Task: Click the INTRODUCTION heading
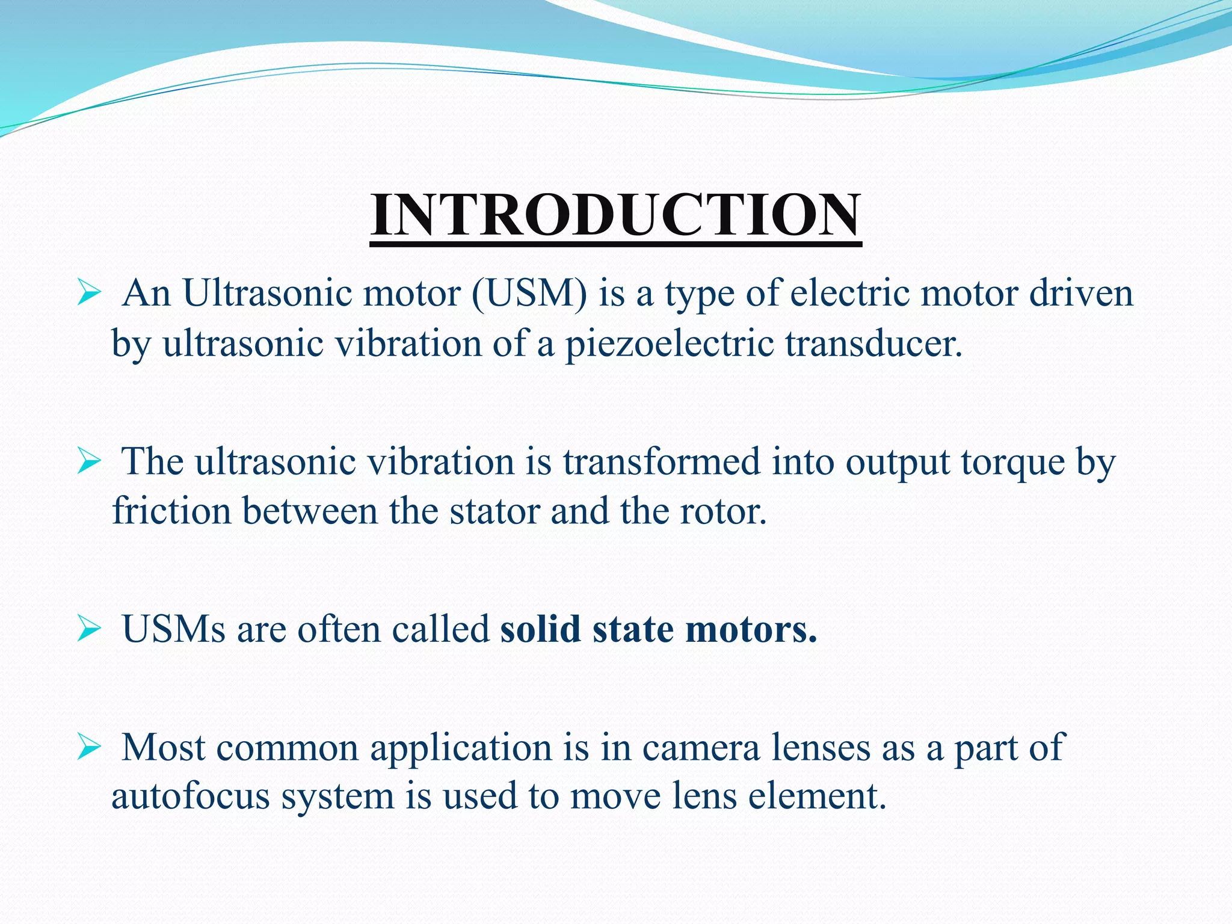pos(615,215)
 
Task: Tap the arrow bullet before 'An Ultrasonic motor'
pos(88,294)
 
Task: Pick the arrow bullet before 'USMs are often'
pos(88,629)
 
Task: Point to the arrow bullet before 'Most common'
pos(88,747)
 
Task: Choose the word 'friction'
pos(171,511)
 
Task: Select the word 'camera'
pos(701,748)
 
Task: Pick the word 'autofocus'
pos(190,796)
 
